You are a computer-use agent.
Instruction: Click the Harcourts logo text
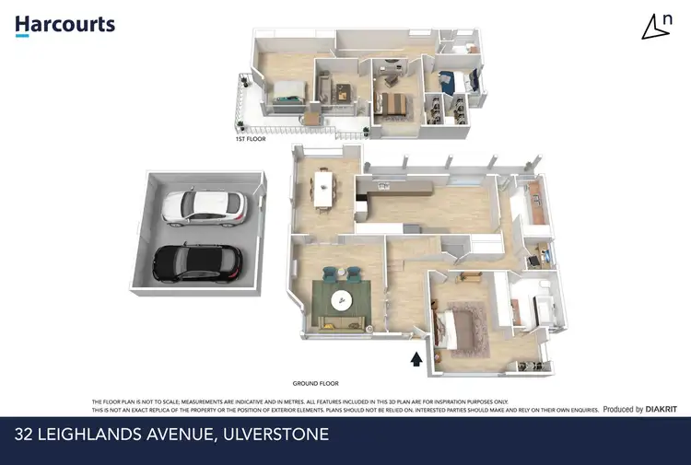[65, 24]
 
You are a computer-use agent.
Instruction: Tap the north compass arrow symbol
[656, 28]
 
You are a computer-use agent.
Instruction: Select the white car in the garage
[204, 207]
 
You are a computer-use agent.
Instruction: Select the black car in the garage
[198, 263]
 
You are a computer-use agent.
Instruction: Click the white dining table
[322, 187]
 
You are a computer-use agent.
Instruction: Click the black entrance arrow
[416, 358]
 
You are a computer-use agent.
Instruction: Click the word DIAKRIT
[662, 409]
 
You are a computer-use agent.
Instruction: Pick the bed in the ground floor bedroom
[461, 329]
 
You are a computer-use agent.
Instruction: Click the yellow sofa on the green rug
[340, 320]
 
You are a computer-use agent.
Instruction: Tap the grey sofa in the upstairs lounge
[324, 90]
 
